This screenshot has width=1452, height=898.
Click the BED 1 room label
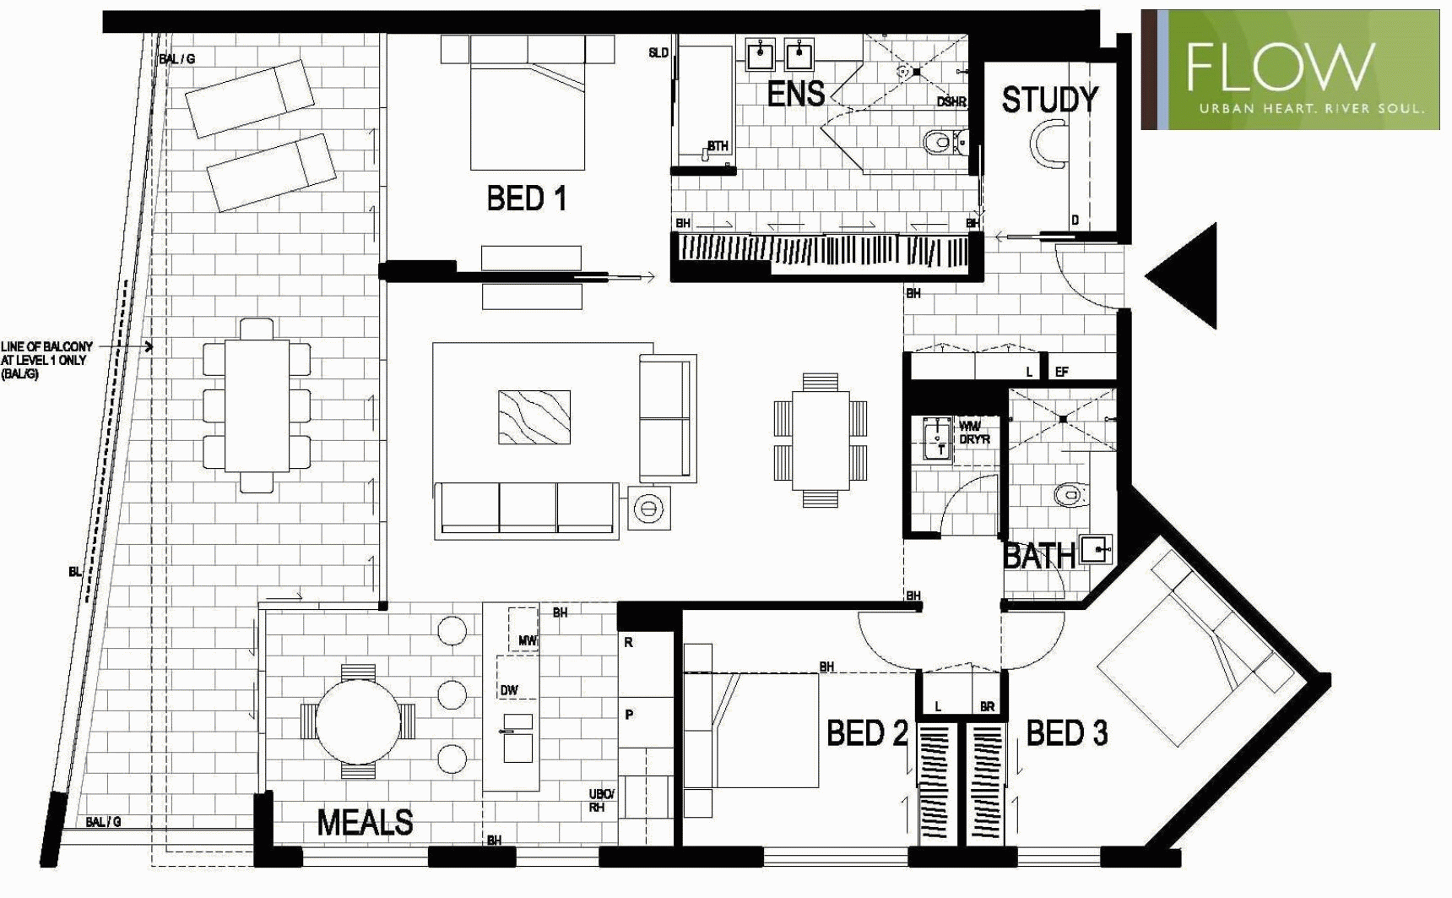[x=526, y=199]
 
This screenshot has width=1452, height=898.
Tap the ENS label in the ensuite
[x=795, y=94]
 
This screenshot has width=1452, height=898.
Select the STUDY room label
[x=1049, y=101]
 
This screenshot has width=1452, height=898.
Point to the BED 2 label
[x=866, y=733]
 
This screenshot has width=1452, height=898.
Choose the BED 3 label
[x=1066, y=733]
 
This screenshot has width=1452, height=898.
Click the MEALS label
[x=365, y=822]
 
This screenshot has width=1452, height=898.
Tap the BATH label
[x=1038, y=557]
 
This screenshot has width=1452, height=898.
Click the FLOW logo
[x=1290, y=69]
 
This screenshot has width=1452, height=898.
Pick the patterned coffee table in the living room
[x=534, y=416]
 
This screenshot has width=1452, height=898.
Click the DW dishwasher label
[x=509, y=690]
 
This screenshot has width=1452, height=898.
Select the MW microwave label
[x=527, y=641]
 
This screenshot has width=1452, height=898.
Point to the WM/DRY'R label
[x=974, y=433]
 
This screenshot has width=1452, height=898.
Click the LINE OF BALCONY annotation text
[x=46, y=360]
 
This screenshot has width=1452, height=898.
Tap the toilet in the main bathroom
[x=1068, y=493]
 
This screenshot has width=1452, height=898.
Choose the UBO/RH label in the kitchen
[x=601, y=801]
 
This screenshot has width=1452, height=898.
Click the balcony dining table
[x=256, y=405]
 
